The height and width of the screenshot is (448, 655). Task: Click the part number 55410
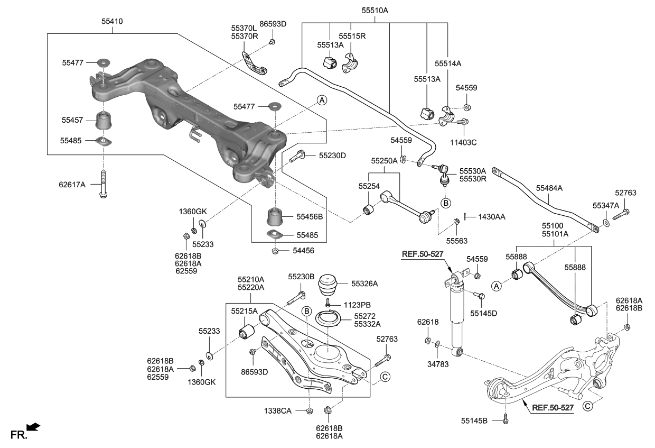pyautogui.click(x=111, y=22)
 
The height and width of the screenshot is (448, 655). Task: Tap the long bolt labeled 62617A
pyautogui.click(x=103, y=185)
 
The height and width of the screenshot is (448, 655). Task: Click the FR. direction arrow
pyautogui.click(x=33, y=426)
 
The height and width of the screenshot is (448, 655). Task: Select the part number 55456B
pyautogui.click(x=309, y=216)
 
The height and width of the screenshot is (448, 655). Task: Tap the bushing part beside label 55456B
pyautogui.click(x=276, y=217)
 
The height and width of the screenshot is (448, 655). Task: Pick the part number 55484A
pyautogui.click(x=549, y=187)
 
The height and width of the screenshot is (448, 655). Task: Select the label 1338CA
pyautogui.click(x=278, y=410)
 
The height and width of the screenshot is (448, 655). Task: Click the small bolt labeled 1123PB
pyautogui.click(x=328, y=304)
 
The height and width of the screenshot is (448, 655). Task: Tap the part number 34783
pyautogui.click(x=436, y=363)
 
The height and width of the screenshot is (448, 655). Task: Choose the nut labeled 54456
pyautogui.click(x=275, y=251)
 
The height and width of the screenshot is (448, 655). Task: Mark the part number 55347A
pyautogui.click(x=605, y=205)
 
